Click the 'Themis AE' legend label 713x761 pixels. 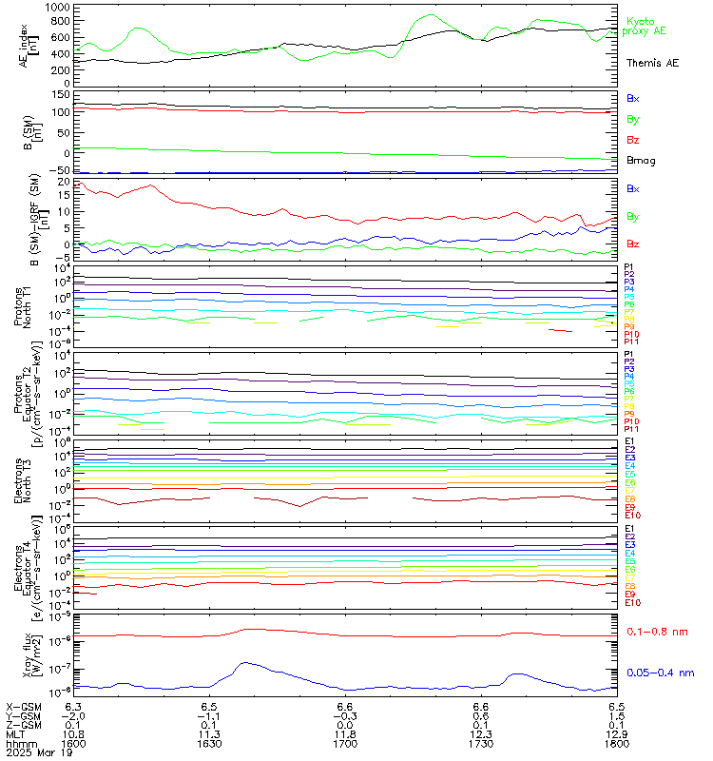(x=652, y=62)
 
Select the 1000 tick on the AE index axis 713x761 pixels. (x=58, y=8)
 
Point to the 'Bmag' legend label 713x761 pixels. (x=639, y=160)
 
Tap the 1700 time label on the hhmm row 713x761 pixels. (x=345, y=745)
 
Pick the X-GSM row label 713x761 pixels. (x=21, y=707)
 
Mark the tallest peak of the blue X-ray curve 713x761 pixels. (x=245, y=662)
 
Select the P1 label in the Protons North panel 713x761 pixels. (x=627, y=268)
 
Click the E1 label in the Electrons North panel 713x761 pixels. (x=628, y=441)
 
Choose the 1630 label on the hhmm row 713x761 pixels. (x=210, y=745)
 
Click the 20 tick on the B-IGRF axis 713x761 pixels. (x=64, y=181)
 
